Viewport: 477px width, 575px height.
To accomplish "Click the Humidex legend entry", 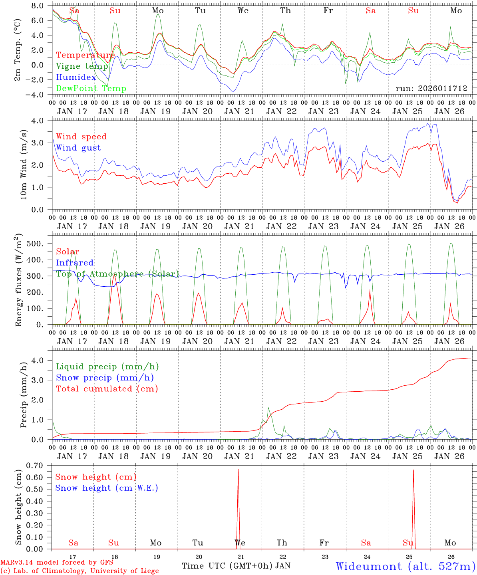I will (76, 77).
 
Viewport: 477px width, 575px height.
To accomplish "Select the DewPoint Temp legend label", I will (91, 89).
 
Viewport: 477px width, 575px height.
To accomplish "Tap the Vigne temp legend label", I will (82, 66).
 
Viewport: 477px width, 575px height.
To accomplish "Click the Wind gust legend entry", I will (78, 148).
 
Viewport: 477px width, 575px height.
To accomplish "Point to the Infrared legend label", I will (75, 263).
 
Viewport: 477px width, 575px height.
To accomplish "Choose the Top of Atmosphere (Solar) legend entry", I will (117, 274).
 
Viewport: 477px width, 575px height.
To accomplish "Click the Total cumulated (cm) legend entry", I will (107, 389).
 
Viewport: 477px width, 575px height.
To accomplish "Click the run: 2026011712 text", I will (431, 88).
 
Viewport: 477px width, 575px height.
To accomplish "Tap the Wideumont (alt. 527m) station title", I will (405, 566).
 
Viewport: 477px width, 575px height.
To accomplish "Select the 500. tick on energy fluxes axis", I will (41, 244).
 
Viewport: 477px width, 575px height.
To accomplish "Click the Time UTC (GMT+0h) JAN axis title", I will (236, 566).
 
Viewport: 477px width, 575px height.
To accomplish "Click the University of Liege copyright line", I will (79, 571).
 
